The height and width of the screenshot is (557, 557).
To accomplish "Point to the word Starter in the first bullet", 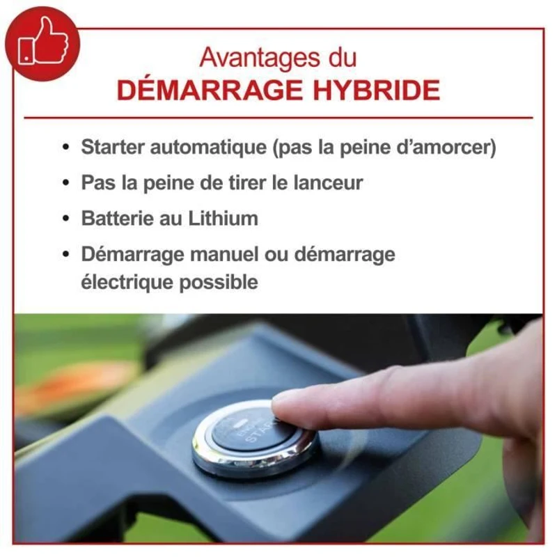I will coord(113,148).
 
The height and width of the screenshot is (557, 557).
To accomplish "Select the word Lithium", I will coord(223,218).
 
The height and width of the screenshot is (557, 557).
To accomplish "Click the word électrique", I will coord(124,282).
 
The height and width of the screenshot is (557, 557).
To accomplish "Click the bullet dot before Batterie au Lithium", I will coord(66,219).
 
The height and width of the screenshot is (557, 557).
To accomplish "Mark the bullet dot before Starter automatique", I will coord(66,148).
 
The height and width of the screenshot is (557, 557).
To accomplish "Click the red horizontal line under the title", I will coord(278,118).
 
